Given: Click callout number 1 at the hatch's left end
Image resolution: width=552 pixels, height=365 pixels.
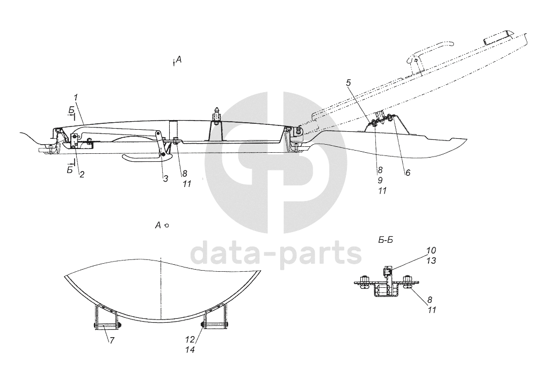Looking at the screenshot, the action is click(76, 97).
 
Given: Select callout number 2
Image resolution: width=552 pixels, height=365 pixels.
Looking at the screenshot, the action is click(81, 174).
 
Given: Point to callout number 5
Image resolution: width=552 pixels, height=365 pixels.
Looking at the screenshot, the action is click(348, 83).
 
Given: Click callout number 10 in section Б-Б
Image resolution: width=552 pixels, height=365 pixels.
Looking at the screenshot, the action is click(432, 250).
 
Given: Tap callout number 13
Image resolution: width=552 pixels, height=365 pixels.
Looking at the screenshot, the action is click(432, 260).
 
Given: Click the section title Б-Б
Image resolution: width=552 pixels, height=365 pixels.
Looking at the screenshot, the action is click(386, 240).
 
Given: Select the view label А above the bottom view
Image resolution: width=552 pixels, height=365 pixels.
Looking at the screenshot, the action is click(158, 226).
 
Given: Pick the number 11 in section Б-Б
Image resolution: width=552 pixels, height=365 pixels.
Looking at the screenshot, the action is click(432, 310).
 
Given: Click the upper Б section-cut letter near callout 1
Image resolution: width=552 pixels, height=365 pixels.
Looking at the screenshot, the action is click(71, 110).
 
